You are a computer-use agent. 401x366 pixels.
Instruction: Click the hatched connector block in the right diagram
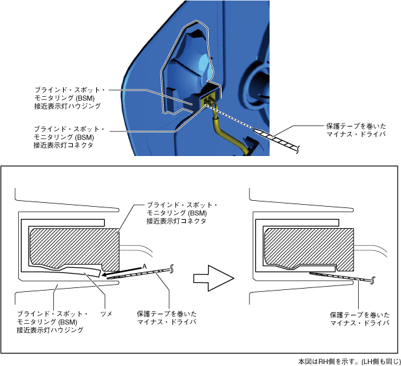pos(305,248)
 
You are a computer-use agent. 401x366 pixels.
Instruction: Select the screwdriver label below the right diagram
pos(359,319)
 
